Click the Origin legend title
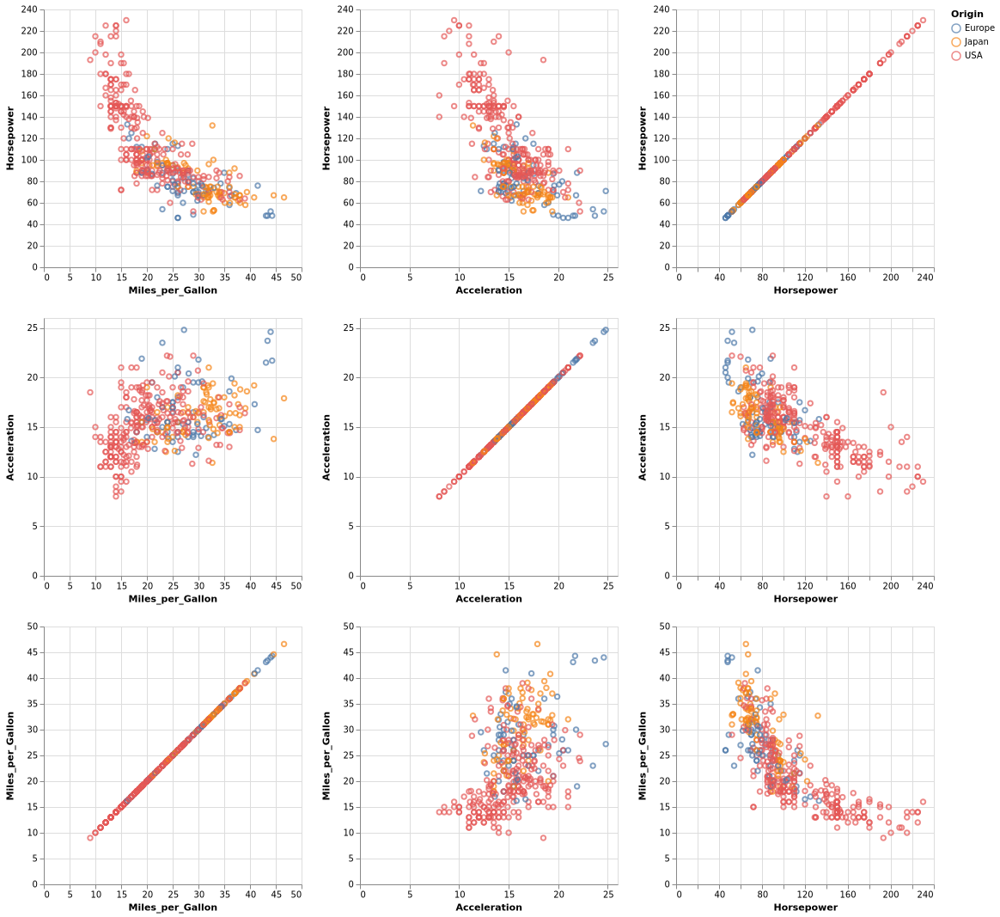pos(966,14)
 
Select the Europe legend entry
pos(979,28)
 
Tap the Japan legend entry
pos(976,41)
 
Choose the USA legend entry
pos(973,55)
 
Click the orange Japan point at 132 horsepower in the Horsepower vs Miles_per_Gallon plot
pos(212,125)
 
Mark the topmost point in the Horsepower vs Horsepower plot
pos(923,20)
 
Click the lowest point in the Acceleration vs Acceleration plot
pos(439,496)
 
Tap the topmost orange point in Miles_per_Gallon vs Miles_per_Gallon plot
pos(284,644)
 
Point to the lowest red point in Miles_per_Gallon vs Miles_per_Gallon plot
pos(90,837)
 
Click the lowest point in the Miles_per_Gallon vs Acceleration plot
pos(543,838)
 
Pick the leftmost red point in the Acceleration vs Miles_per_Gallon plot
pos(90,392)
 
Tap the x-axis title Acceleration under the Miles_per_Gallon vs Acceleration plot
pos(488,907)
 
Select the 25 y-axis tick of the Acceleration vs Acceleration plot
pos(351,327)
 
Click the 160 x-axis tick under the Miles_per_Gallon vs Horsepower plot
pos(847,895)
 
